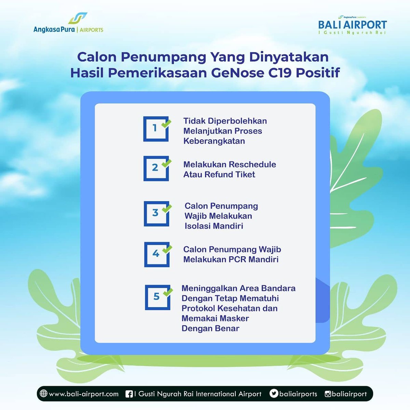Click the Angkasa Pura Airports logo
[x=68, y=24]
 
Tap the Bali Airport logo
[x=352, y=25]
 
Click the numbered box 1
[x=155, y=128]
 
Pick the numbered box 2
[x=156, y=168]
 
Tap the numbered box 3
[x=156, y=214]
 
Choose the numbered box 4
[x=156, y=254]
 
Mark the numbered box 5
[x=157, y=297]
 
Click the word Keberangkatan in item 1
[x=214, y=141]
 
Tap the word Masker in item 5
[x=234, y=318]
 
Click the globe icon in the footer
[x=44, y=394]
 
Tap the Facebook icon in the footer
[x=129, y=394]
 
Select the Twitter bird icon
[x=274, y=394]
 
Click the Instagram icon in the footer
[x=328, y=394]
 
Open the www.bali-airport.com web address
[x=84, y=394]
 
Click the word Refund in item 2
[x=221, y=175]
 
